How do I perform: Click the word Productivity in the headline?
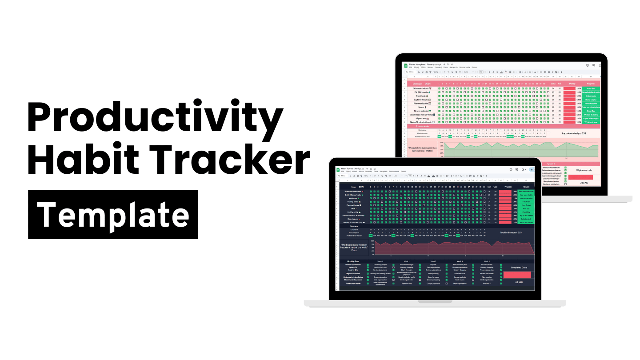155,117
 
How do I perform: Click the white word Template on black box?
113,215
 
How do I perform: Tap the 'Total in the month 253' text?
511,232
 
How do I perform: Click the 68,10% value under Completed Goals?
519,282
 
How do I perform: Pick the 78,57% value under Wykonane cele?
581,183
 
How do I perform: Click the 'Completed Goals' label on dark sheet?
519,267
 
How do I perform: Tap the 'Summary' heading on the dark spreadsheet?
354,226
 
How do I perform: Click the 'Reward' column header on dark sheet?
526,187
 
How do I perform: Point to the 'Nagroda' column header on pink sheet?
591,83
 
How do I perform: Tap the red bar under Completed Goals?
519,275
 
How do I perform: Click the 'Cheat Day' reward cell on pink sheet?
591,111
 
